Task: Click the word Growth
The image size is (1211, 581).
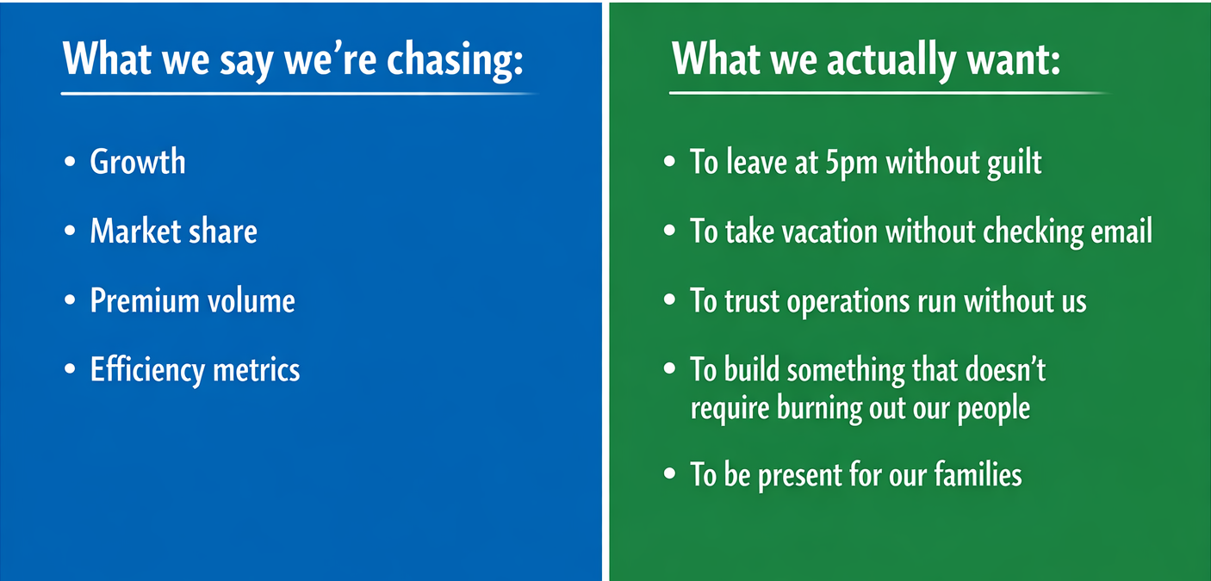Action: [x=138, y=162]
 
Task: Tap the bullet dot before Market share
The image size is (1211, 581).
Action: [x=70, y=231]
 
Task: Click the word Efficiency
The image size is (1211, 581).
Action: [x=147, y=371]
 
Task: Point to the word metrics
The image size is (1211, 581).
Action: [x=257, y=370]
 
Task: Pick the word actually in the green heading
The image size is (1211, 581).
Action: [x=891, y=60]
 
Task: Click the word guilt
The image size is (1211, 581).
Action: [x=1015, y=163]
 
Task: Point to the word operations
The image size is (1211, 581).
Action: [x=848, y=302]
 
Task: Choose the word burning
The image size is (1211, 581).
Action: [x=819, y=409]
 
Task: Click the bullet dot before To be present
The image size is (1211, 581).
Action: [x=669, y=474]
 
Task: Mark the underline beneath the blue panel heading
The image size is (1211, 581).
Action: [x=299, y=94]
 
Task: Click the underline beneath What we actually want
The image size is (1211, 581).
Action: [x=890, y=94]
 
